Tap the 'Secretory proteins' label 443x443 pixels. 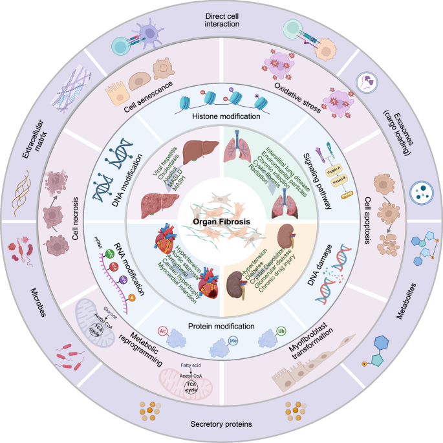(221, 424)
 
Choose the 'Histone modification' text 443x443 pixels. (222, 117)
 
